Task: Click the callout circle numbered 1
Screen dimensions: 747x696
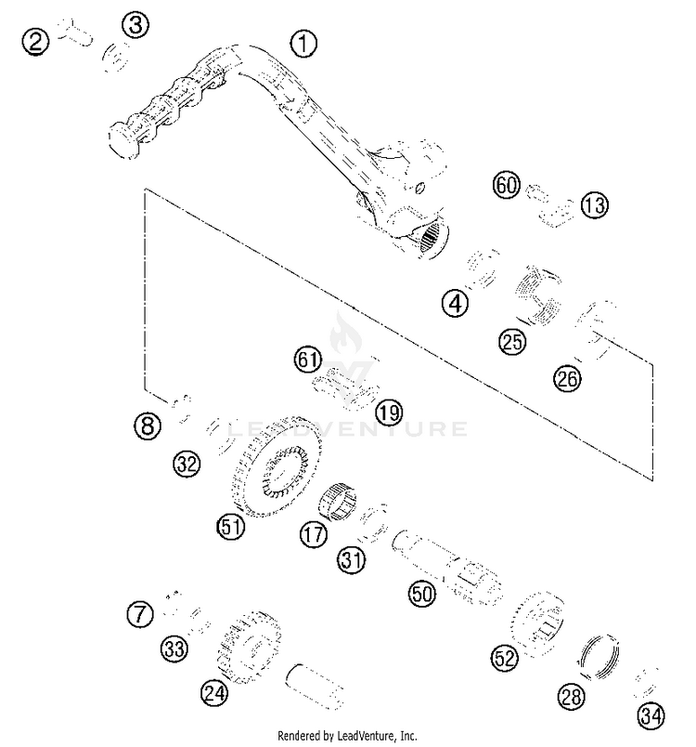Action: click(303, 42)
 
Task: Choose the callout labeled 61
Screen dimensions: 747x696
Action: click(307, 358)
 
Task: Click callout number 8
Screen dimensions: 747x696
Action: click(147, 426)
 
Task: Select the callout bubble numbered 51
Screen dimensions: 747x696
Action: click(231, 527)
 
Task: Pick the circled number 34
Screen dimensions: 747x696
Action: click(651, 715)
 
